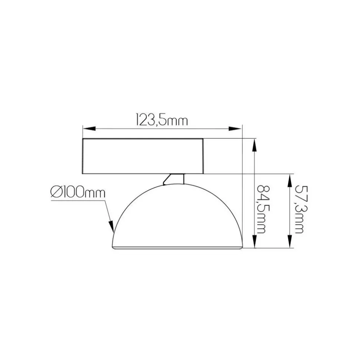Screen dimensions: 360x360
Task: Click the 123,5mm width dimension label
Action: [162, 119]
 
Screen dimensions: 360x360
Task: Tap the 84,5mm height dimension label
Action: [262, 209]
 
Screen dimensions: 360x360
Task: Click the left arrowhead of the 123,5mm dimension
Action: [89, 129]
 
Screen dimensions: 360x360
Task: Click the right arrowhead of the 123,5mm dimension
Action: [235, 129]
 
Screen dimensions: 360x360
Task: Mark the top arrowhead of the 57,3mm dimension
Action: [290, 180]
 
